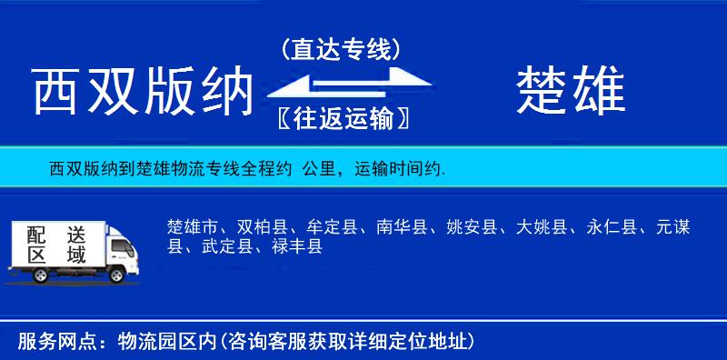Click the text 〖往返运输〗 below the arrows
click(x=340, y=118)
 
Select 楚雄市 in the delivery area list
click(x=193, y=227)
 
